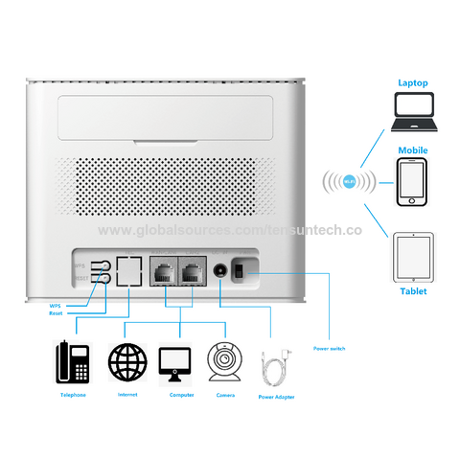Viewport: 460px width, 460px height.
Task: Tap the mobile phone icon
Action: pos(412,181)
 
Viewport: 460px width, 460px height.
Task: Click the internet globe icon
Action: pos(127,364)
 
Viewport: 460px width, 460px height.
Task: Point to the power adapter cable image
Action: pos(282,367)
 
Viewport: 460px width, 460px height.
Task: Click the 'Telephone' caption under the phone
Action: pos(74,393)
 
